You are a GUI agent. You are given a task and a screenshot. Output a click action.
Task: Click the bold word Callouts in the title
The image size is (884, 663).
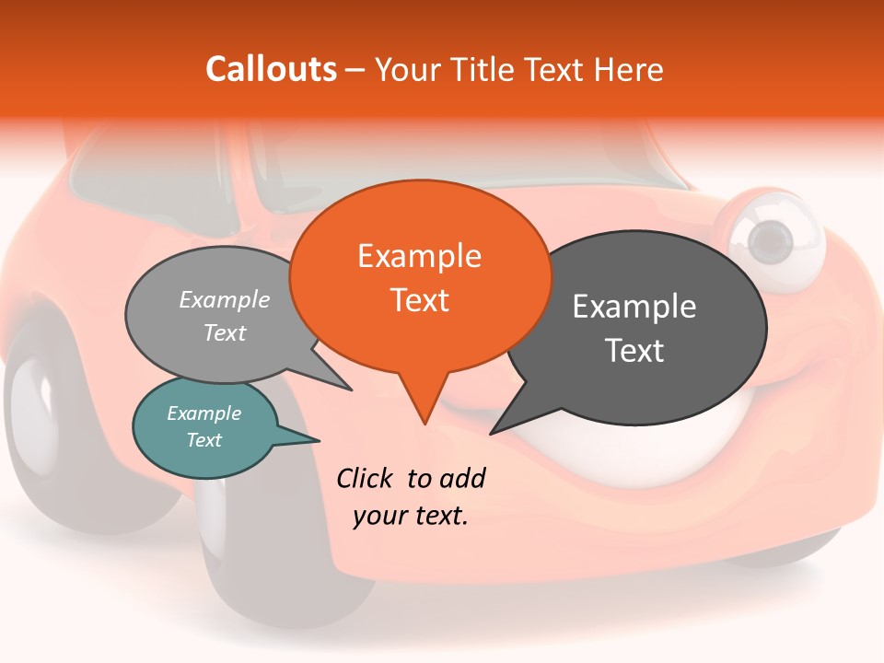[271, 69]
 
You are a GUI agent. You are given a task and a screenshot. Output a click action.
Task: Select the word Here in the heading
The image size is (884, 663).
[629, 69]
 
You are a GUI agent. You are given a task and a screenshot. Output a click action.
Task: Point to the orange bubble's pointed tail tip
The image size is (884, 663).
[425, 423]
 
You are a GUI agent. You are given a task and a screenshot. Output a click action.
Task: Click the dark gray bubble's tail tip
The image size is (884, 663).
[491, 433]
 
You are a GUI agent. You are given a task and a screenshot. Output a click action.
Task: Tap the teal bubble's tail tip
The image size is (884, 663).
[319, 439]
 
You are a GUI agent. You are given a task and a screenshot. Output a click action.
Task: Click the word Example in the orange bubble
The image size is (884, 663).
[419, 256]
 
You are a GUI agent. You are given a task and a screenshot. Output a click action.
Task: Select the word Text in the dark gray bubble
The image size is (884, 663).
[634, 351]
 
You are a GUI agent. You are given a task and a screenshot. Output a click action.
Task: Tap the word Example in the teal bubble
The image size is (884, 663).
[204, 413]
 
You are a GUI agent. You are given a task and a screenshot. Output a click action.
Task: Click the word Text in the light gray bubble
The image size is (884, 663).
[225, 332]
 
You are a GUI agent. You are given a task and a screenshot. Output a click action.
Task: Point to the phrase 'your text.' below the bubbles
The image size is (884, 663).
[411, 516]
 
